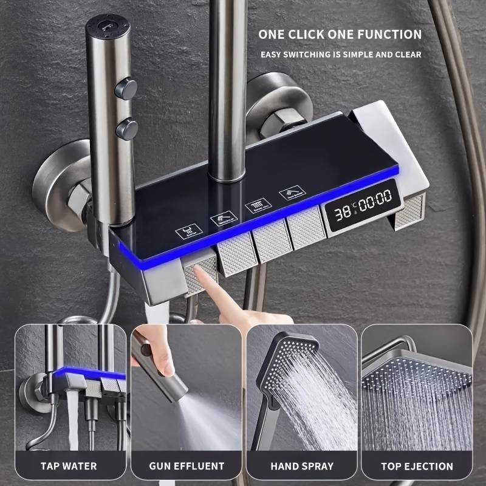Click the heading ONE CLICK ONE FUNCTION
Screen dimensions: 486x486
(340, 34)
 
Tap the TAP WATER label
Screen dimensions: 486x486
(69, 466)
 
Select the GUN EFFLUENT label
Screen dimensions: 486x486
(187, 466)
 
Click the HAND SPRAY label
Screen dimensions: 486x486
(302, 466)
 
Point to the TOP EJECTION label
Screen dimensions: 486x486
(417, 466)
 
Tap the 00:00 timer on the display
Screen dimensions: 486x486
(375, 201)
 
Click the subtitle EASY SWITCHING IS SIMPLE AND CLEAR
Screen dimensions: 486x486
(340, 55)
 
